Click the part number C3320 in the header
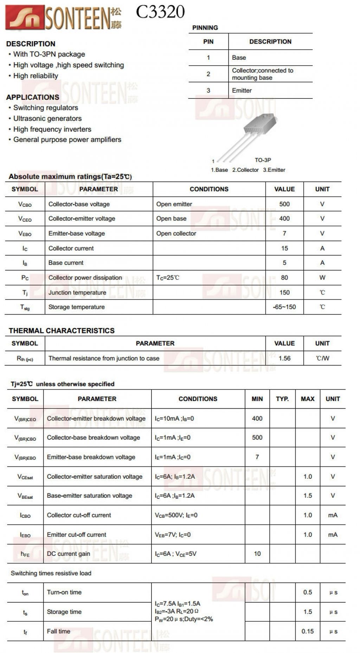[160, 12]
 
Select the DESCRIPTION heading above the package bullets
[31, 44]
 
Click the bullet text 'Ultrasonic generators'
[47, 118]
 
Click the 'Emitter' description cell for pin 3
[242, 90]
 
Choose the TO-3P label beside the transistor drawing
[263, 160]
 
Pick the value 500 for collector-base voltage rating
[284, 204]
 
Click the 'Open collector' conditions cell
[176, 233]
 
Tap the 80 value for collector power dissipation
[284, 277]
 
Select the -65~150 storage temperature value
[284, 307]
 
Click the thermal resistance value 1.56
[284, 358]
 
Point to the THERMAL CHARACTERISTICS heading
[62, 331]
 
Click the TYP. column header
[282, 399]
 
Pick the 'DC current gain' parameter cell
[69, 554]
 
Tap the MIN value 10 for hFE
[257, 554]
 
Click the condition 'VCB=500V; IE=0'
[176, 515]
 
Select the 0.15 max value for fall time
[308, 631]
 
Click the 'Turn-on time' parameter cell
[64, 592]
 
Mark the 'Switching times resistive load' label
[51, 573]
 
